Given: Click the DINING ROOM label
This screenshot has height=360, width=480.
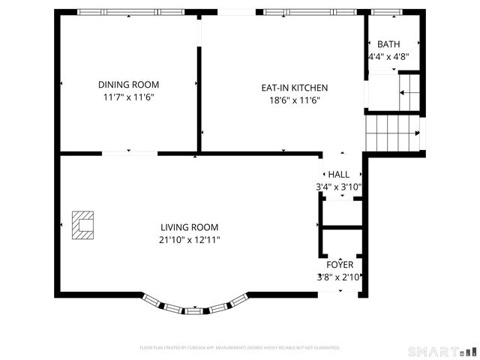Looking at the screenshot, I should click(128, 85).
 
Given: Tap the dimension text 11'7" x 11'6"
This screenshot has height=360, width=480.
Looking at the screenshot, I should click(128, 97).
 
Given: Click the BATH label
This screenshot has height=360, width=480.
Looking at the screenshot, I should click(388, 44).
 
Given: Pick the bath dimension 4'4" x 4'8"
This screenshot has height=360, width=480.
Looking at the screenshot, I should click(388, 56).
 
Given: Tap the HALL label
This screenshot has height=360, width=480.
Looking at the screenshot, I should click(338, 175).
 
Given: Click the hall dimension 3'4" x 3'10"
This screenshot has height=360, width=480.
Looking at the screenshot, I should click(338, 187).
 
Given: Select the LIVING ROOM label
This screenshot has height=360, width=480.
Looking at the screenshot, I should click(190, 227).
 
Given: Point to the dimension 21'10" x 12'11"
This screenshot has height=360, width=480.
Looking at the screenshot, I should click(190, 240).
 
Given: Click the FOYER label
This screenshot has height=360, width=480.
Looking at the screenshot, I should click(339, 265).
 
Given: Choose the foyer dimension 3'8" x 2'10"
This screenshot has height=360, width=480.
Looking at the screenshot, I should click(339, 277).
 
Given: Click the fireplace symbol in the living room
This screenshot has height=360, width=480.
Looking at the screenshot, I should click(82, 225).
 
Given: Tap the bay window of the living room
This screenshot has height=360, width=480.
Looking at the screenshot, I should click(195, 304).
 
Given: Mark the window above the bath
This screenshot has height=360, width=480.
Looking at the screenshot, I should click(384, 12).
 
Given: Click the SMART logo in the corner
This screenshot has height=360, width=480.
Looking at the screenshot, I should click(442, 351).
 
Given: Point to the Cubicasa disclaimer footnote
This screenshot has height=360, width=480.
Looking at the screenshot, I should click(240, 348).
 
